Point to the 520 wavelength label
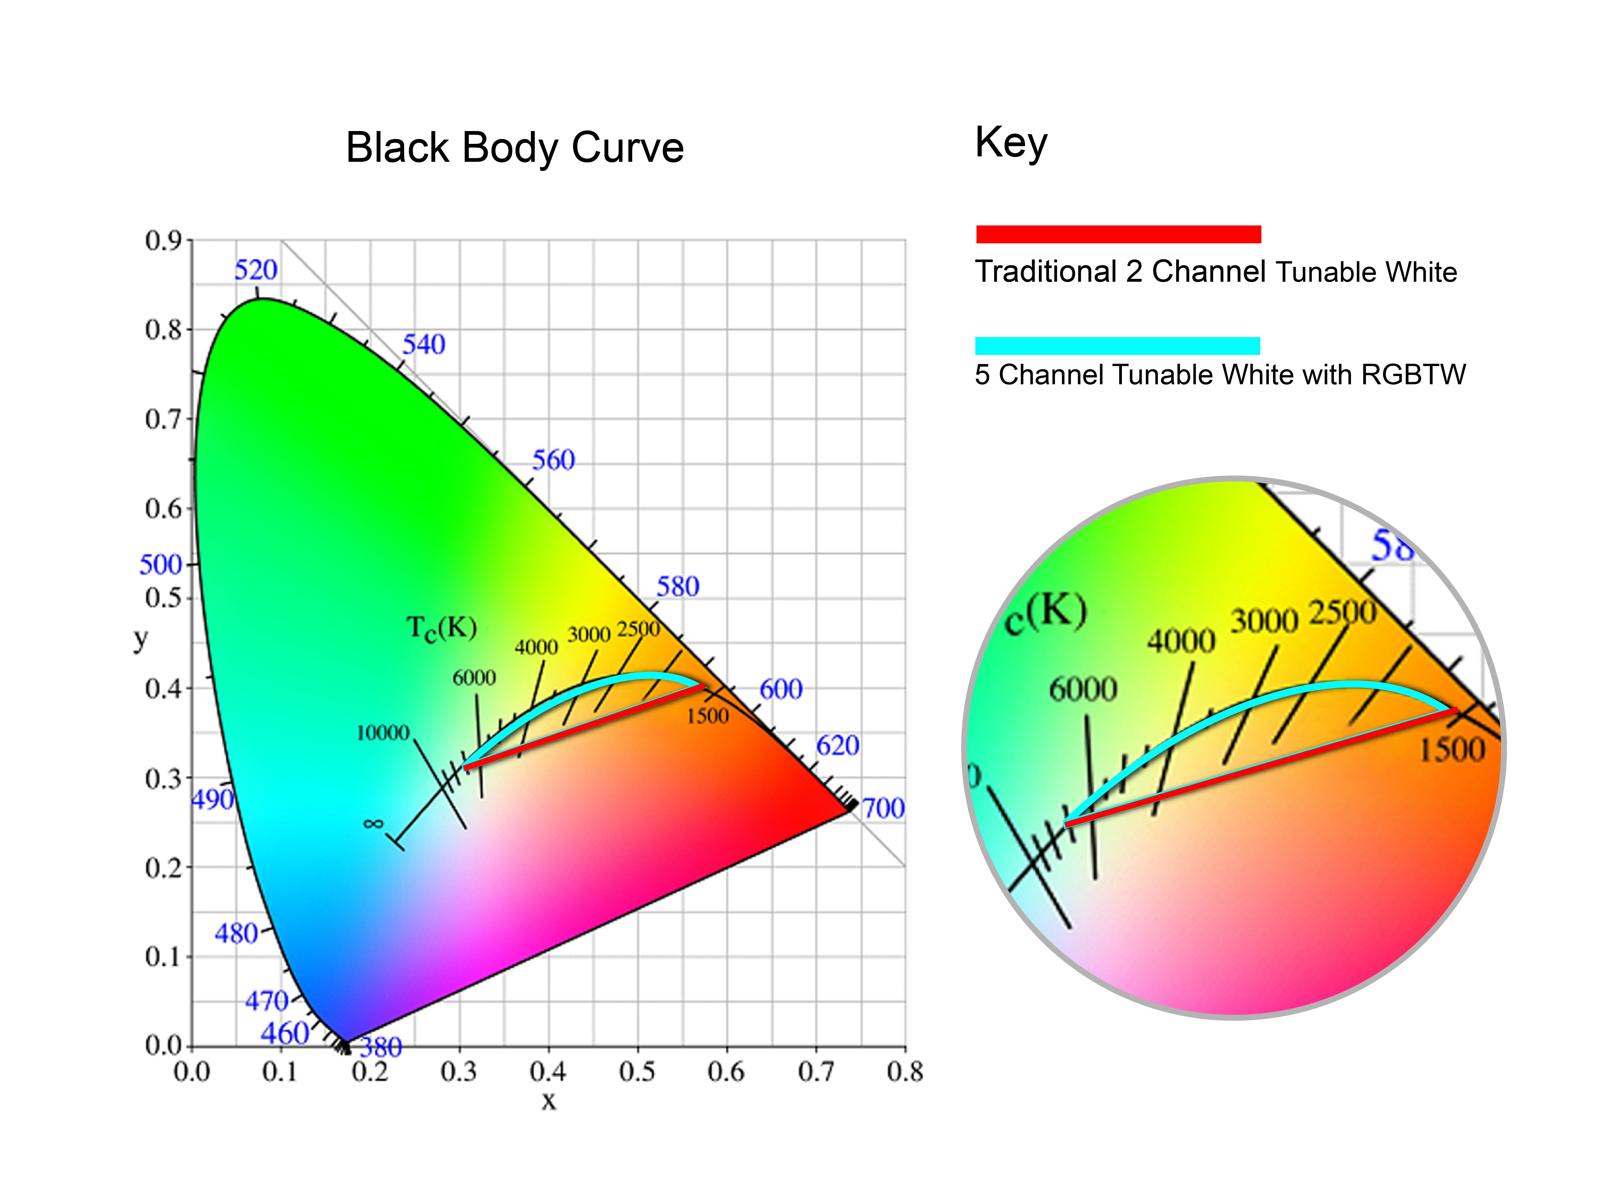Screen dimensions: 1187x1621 click(x=256, y=270)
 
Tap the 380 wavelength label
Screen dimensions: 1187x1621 click(x=381, y=1048)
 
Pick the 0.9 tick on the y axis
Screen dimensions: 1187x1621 click(x=164, y=241)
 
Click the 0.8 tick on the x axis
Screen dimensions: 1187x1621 click(x=904, y=1072)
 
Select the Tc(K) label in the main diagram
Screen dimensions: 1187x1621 click(x=441, y=629)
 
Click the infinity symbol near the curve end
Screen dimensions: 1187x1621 click(x=373, y=824)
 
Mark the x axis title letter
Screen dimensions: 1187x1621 click(x=549, y=1100)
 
